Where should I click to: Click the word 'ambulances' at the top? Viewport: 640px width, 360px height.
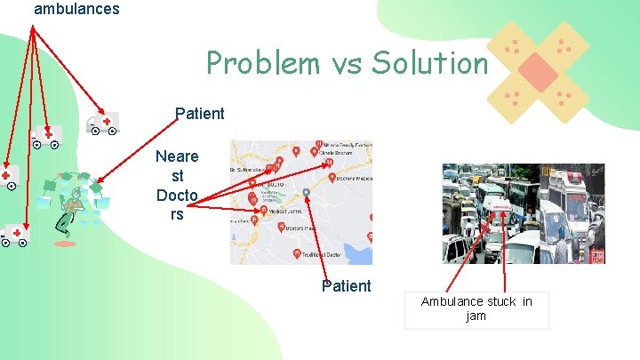pyautogui.click(x=76, y=9)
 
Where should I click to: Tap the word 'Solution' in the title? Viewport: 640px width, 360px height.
pyautogui.click(x=430, y=63)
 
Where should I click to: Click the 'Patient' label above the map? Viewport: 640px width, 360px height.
pyautogui.click(x=200, y=114)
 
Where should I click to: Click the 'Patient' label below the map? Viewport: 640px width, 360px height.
pyautogui.click(x=347, y=285)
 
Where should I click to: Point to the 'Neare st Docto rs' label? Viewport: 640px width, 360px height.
pyautogui.click(x=177, y=185)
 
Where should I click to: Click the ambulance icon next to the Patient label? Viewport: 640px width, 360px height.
pyautogui.click(x=102, y=124)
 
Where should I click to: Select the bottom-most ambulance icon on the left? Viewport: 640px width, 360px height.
pyautogui.click(x=14, y=236)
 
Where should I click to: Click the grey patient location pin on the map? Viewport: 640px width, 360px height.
pyautogui.click(x=307, y=192)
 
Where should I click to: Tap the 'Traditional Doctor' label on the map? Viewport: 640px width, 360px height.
pyautogui.click(x=323, y=255)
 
